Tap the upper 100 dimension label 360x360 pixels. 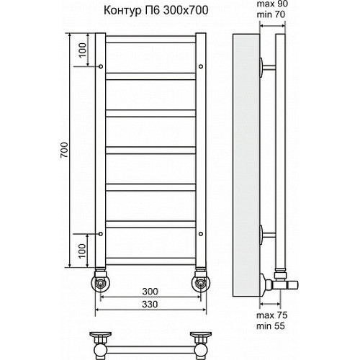coord(82,52)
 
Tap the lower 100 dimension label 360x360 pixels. coord(82,251)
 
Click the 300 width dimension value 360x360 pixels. coord(150,292)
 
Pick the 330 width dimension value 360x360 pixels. coord(150,305)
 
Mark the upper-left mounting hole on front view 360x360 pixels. coord(102,68)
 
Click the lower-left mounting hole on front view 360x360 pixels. coord(102,233)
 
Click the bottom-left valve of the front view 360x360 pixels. coord(102,282)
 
